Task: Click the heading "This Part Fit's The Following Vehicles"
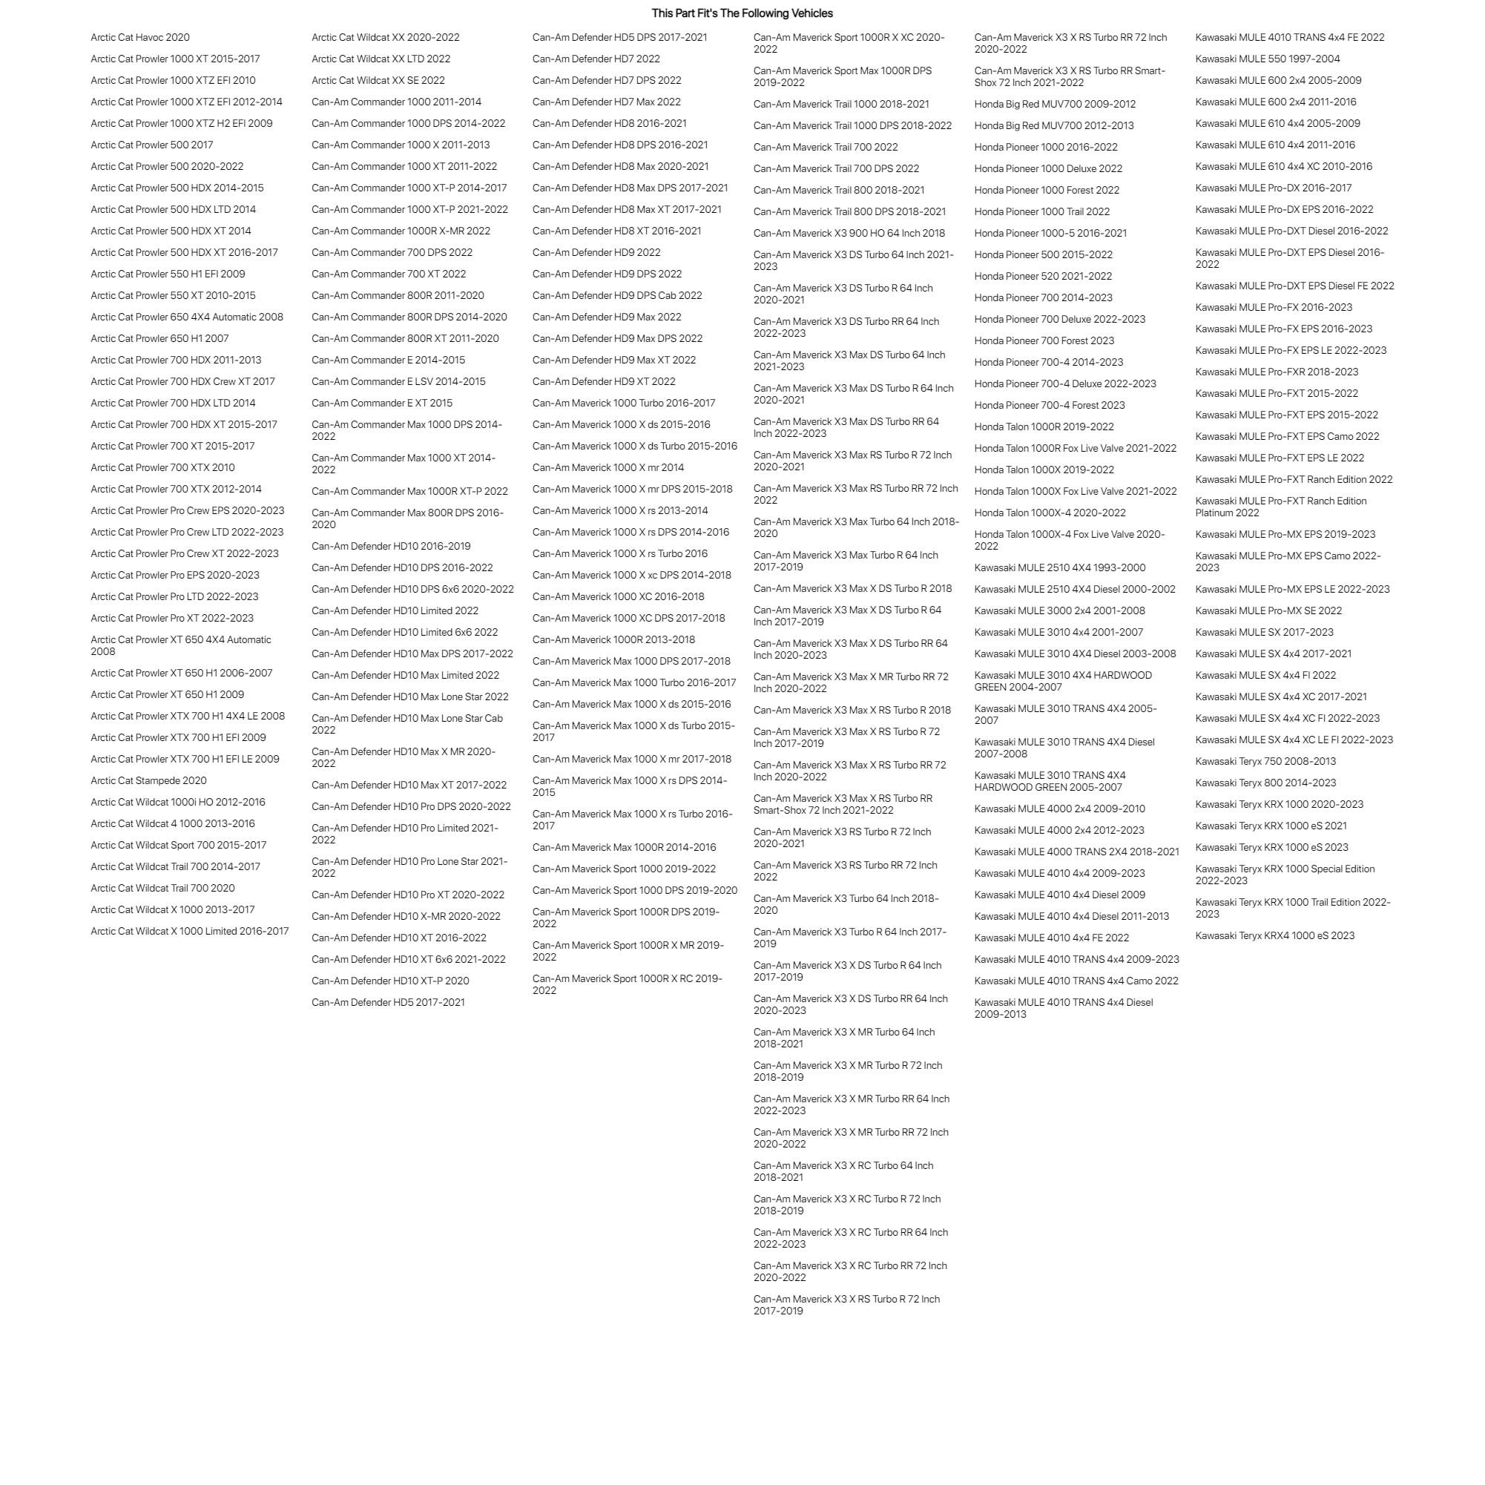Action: pyautogui.click(x=742, y=13)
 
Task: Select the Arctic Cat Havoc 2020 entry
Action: pyautogui.click(x=140, y=37)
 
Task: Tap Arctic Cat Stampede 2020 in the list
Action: pyautogui.click(x=148, y=780)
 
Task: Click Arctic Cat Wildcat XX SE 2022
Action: pyautogui.click(x=378, y=80)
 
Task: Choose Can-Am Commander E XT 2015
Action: pyautogui.click(x=382, y=403)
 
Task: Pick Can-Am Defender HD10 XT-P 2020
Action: pyautogui.click(x=389, y=981)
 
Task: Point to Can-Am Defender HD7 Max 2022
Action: pyautogui.click(x=607, y=102)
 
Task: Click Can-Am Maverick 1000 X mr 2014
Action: pyautogui.click(x=608, y=467)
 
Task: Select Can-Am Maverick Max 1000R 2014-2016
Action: pyautogui.click(x=624, y=847)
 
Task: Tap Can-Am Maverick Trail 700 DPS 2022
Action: pyautogui.click(x=836, y=168)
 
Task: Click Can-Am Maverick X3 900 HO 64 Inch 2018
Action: pyautogui.click(x=849, y=233)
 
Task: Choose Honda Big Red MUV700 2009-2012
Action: pyautogui.click(x=1055, y=104)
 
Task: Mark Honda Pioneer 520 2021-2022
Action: pyautogui.click(x=1043, y=276)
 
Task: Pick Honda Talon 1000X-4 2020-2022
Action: pyautogui.click(x=1050, y=513)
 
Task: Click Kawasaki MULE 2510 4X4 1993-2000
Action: pyautogui.click(x=1060, y=567)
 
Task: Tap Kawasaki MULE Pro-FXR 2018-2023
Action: pyautogui.click(x=1277, y=371)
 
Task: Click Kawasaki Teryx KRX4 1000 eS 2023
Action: pyautogui.click(x=1274, y=935)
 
